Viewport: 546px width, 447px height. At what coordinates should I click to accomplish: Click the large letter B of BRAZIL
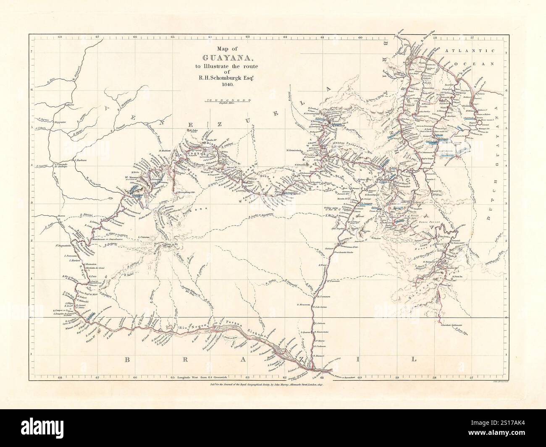coord(127,359)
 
